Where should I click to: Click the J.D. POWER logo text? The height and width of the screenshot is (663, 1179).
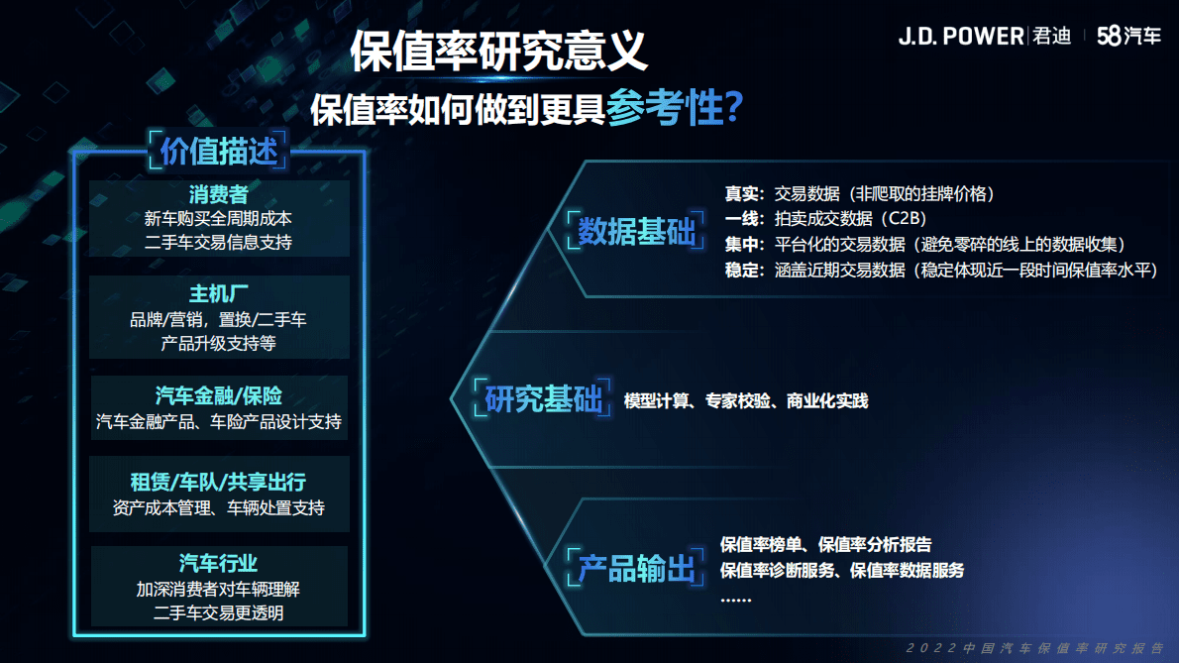tap(960, 37)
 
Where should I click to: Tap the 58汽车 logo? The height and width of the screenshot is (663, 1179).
tap(1128, 37)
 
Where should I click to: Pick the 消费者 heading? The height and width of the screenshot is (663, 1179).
tap(218, 194)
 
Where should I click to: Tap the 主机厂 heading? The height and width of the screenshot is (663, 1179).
tap(218, 294)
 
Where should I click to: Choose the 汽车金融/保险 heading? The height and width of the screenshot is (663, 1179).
tap(218, 396)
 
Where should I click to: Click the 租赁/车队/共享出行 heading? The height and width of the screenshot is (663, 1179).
tap(218, 483)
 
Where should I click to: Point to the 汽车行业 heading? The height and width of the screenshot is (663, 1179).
tap(218, 563)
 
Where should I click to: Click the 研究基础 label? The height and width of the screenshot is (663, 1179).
tap(543, 399)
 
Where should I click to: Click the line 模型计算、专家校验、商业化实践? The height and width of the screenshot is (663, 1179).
tap(745, 401)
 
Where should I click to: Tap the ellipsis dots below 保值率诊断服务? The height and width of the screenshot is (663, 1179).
tap(735, 598)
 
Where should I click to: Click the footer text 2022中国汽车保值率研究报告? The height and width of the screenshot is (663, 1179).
tap(1035, 648)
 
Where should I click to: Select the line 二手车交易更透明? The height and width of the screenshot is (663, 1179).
tap(218, 613)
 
